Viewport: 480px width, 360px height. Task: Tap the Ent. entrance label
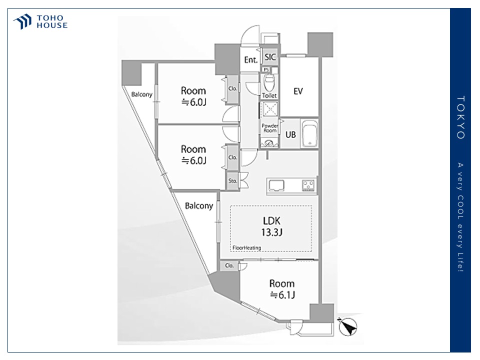(x=250, y=59)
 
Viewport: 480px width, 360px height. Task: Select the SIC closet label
(x=270, y=57)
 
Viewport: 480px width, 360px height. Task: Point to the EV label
(x=298, y=91)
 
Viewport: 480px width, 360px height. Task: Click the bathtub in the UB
(x=309, y=133)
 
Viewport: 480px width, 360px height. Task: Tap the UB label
(x=290, y=134)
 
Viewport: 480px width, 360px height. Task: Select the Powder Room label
(x=269, y=128)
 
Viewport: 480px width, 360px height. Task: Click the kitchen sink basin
(x=276, y=185)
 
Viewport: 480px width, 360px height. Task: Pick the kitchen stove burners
(x=308, y=185)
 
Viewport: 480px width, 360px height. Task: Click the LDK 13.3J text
(x=271, y=226)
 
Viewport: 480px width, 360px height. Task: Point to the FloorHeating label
(x=246, y=247)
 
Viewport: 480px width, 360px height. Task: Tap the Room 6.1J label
(x=282, y=289)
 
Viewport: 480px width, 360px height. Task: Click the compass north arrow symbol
(x=348, y=326)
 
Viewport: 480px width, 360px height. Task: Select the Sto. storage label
(x=232, y=181)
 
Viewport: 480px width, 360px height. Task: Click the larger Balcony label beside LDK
(x=199, y=205)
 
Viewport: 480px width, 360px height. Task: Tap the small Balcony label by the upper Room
(x=141, y=94)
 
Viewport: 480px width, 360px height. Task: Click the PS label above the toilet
(x=266, y=70)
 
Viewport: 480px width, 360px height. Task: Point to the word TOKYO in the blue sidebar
(x=460, y=117)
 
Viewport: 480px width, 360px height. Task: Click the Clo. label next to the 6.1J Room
(x=229, y=265)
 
